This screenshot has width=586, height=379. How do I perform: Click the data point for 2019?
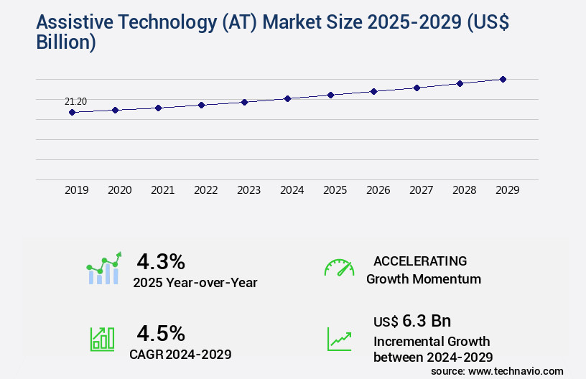tap(72, 112)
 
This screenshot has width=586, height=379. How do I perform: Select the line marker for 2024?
tap(287, 98)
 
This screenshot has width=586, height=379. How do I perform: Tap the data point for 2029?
tap(503, 79)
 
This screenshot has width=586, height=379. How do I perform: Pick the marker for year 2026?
tap(373, 91)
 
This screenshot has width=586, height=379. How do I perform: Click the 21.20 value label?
tap(75, 101)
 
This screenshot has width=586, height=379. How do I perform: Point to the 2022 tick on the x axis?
tap(205, 190)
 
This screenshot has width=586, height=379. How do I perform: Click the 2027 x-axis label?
tap(421, 190)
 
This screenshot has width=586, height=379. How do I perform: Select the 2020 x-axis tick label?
tap(119, 190)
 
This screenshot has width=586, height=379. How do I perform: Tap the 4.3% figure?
tap(161, 261)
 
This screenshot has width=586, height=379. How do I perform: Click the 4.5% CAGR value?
tap(161, 333)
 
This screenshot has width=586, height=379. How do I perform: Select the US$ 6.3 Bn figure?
tap(412, 321)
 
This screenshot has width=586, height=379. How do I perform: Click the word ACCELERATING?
tap(420, 261)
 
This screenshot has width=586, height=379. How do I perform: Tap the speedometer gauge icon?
tap(339, 268)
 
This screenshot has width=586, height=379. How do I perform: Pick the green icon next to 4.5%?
tap(102, 339)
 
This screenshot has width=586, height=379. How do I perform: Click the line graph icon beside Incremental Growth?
tap(339, 339)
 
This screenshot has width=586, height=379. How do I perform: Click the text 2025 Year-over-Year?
tap(195, 283)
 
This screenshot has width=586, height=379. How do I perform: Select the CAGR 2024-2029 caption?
tap(180, 354)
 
